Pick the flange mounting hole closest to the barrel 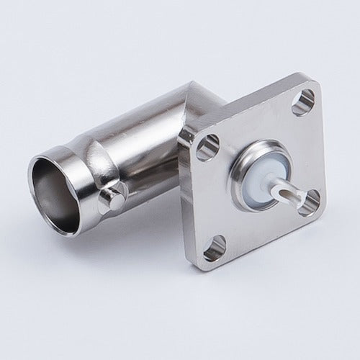[x=207, y=148]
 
